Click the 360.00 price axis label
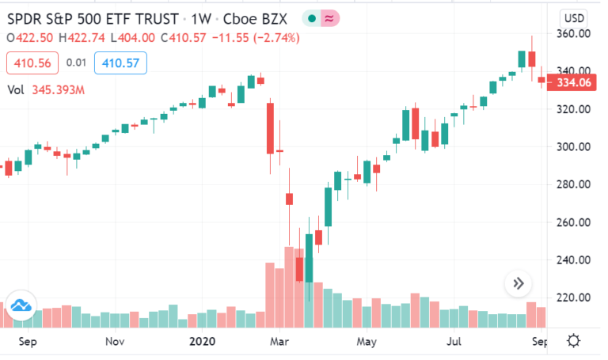573,34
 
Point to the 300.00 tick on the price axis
573,147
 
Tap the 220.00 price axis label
573,297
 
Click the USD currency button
573,17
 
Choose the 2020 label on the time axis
202,342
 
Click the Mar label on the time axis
279,342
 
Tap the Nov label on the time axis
115,342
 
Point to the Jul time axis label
454,342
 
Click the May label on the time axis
366,342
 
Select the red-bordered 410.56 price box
28,63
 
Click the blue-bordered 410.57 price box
116,63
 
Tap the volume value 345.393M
59,90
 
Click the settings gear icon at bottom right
573,341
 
